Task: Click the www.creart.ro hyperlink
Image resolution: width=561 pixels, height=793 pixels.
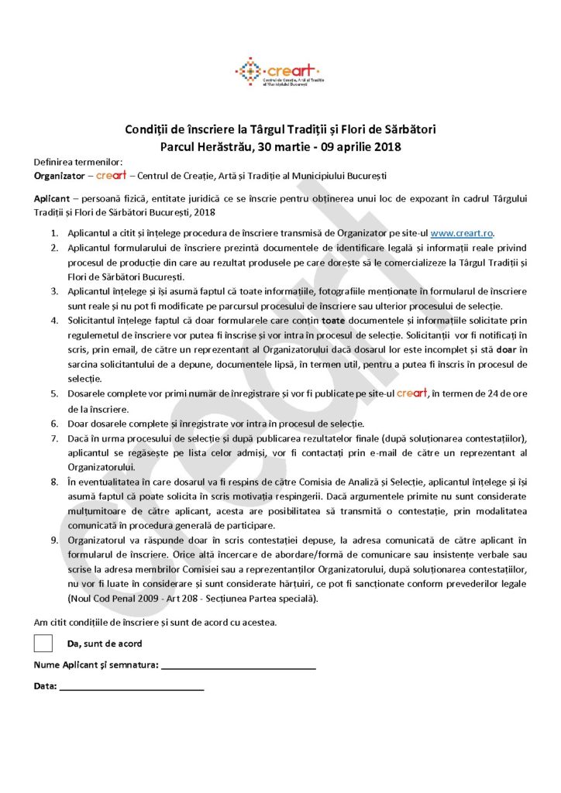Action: (462, 233)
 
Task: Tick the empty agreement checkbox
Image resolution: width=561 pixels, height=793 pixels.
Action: (44, 643)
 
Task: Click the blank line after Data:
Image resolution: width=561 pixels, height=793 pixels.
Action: (132, 687)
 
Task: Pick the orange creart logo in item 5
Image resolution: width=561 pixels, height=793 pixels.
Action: (411, 393)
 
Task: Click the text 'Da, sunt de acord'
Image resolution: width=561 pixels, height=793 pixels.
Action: (104, 644)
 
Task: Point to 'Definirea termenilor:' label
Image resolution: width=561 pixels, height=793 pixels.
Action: (77, 162)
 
